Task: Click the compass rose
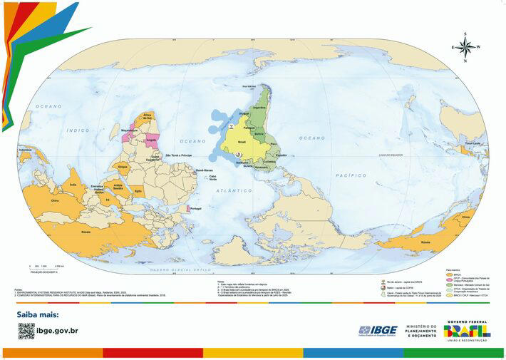[x=465, y=47]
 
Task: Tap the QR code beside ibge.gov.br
[x=26, y=330]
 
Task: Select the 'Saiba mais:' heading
[x=38, y=314]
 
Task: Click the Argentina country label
[x=259, y=107]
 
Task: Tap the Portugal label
[x=196, y=208]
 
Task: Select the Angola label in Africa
[x=151, y=140]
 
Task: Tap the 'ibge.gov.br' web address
[x=57, y=331]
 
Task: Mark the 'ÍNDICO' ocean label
[x=78, y=130]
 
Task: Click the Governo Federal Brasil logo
[x=467, y=329]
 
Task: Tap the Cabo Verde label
[x=213, y=178]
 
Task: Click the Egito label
[x=138, y=191]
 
